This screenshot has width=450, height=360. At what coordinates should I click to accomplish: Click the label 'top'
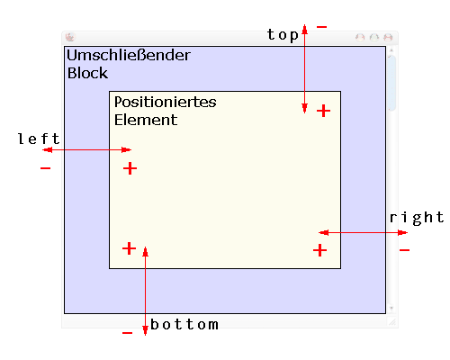point(283,35)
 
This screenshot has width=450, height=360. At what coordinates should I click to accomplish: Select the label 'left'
point(39,139)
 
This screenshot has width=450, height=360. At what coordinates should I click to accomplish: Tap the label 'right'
point(417,218)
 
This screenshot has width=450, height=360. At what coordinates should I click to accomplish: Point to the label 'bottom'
point(184,325)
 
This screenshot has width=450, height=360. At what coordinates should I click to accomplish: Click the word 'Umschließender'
point(129,55)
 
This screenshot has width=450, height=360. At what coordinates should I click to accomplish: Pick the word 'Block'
point(87,73)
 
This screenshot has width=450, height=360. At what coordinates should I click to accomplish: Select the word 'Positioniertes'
point(166,102)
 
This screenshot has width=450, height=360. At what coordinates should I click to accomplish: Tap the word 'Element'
point(146,120)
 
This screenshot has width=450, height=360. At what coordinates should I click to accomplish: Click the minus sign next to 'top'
point(321,27)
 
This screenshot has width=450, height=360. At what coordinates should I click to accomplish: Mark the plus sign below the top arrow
point(323,111)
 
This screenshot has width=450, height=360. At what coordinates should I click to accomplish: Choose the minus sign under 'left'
point(45,168)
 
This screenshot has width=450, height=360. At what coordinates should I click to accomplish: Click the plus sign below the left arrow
point(130,168)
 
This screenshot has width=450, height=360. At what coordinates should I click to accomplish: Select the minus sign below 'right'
point(404,250)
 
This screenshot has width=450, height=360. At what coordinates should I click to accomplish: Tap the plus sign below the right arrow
point(319,250)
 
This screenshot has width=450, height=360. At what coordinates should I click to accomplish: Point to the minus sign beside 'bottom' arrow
point(128,333)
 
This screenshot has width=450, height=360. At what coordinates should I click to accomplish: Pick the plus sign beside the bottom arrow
point(130,248)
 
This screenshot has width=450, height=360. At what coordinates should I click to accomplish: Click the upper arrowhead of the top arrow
point(304,30)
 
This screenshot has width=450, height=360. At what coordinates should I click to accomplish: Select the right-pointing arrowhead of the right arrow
point(402,232)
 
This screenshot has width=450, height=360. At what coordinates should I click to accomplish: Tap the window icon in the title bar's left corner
point(70,38)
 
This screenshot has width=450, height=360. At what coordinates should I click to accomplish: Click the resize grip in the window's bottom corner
point(392,321)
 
